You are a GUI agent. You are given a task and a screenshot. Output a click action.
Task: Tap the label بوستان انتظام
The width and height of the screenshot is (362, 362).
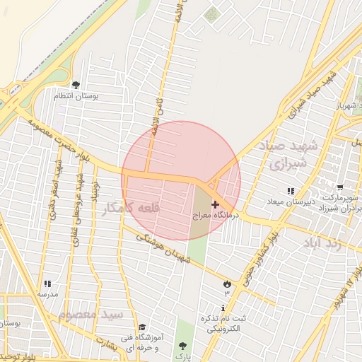[x=86, y=95]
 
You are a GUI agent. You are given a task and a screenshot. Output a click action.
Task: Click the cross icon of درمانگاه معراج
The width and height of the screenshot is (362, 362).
[x=215, y=204]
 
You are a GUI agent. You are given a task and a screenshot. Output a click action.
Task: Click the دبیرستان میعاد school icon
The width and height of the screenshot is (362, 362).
[x=291, y=192]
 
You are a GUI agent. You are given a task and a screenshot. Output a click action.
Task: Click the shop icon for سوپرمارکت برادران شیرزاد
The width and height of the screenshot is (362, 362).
[x=341, y=188]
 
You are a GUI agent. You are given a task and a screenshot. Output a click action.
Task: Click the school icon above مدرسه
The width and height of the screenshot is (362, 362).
[x=47, y=283]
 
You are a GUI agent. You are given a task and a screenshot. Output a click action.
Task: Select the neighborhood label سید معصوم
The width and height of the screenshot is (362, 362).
[x=91, y=313]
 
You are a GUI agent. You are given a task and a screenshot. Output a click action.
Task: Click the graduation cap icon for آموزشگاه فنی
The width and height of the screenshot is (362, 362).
[x=142, y=327]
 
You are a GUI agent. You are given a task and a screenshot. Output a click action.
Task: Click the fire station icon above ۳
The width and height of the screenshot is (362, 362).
[x=227, y=284]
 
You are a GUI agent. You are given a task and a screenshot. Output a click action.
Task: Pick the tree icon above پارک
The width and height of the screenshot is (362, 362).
[x=184, y=345]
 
